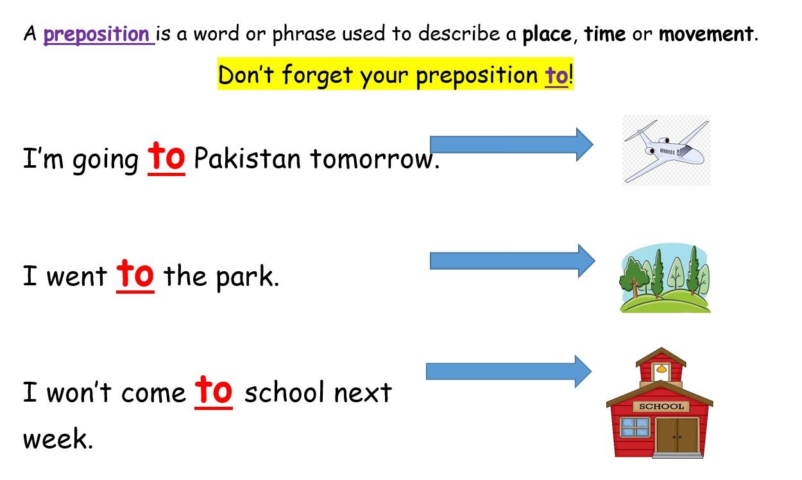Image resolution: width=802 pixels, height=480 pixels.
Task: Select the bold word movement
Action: click(706, 35)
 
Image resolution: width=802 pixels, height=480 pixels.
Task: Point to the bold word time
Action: click(605, 34)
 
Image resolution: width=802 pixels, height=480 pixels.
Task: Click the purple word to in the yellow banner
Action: click(556, 75)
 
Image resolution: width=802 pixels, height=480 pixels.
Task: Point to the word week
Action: click(58, 438)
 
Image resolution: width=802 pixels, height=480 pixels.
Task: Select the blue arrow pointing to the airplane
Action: click(511, 145)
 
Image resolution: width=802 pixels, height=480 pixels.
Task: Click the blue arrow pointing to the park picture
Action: click(513, 261)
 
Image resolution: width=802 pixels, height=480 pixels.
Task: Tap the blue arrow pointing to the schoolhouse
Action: click(508, 371)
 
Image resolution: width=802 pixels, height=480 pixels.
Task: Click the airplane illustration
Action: click(667, 150)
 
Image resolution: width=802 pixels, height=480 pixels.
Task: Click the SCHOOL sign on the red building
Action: click(661, 407)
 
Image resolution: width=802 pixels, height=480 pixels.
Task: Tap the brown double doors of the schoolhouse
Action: click(678, 435)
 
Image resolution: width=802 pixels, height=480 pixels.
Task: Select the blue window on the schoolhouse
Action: click(636, 427)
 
